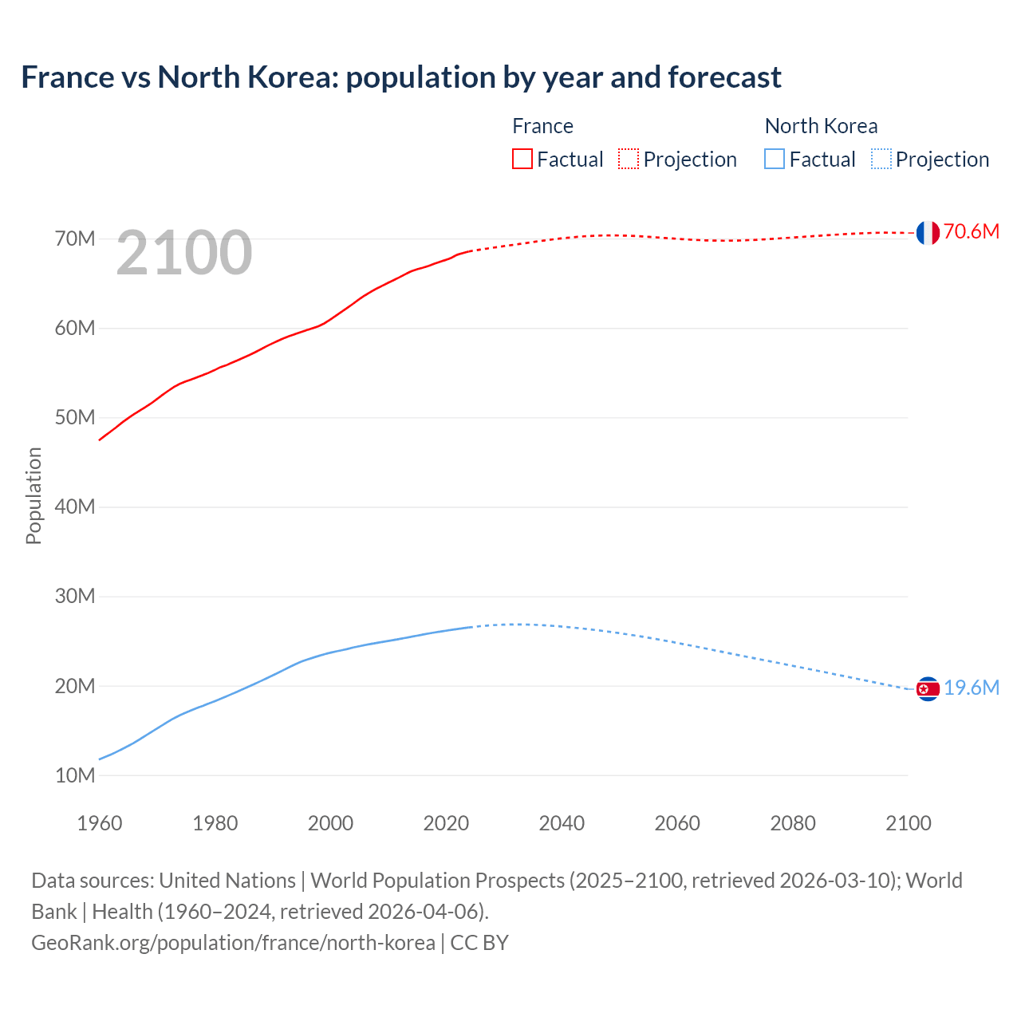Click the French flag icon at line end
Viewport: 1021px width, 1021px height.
pyautogui.click(x=928, y=233)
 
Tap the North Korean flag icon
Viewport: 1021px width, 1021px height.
pyautogui.click(x=928, y=689)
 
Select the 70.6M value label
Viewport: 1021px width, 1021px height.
pyautogui.click(x=971, y=231)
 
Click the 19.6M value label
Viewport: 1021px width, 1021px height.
pyautogui.click(x=971, y=688)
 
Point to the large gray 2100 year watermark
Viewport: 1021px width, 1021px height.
pyautogui.click(x=184, y=254)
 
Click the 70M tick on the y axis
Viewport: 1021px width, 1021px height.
pyautogui.click(x=75, y=238)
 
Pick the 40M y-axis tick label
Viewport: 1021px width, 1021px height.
pyautogui.click(x=75, y=507)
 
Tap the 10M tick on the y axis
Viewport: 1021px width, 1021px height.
pyautogui.click(x=75, y=775)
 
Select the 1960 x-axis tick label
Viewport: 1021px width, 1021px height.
pyautogui.click(x=100, y=823)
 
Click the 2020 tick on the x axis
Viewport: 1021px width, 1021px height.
pyautogui.click(x=446, y=823)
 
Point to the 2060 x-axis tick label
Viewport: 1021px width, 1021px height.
pyautogui.click(x=677, y=823)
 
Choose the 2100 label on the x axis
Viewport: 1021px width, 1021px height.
pyautogui.click(x=908, y=823)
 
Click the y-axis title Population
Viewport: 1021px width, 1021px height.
pyautogui.click(x=34, y=495)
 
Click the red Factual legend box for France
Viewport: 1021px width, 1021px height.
pyautogui.click(x=522, y=159)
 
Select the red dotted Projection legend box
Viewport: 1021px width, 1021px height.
pyautogui.click(x=629, y=159)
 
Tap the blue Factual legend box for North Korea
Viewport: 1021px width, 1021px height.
pyautogui.click(x=775, y=159)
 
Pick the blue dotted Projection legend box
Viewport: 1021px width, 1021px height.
pyautogui.click(x=881, y=159)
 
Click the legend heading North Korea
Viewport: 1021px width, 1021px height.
pyautogui.click(x=821, y=126)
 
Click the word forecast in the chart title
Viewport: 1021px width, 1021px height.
pyautogui.click(x=724, y=77)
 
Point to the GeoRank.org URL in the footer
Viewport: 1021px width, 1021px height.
pyautogui.click(x=233, y=942)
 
